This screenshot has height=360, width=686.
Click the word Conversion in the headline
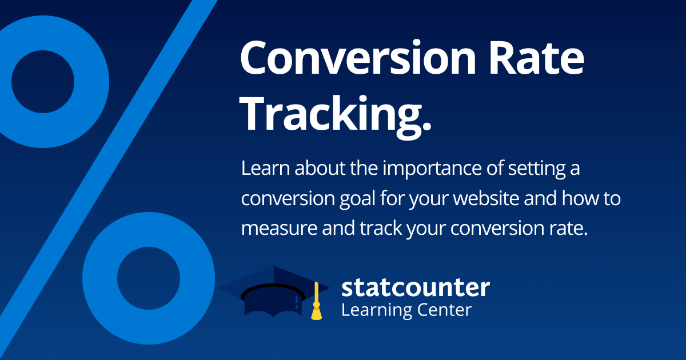point(358,58)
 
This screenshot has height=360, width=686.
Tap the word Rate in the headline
point(537,58)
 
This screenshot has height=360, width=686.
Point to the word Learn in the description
point(265,168)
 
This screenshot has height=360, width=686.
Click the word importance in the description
point(432,169)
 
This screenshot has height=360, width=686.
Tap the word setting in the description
point(537,169)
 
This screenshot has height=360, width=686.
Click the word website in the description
point(486,198)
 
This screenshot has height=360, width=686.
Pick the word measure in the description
point(279,229)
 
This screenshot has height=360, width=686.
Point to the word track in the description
point(381,228)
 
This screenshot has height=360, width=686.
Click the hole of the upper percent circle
point(43,82)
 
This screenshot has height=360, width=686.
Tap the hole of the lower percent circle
point(149,278)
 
